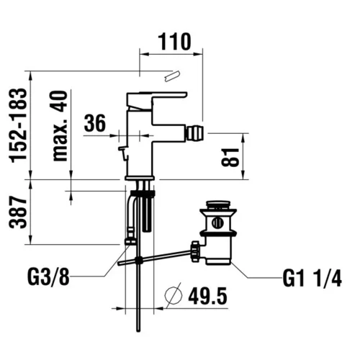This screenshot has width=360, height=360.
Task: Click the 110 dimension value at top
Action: [x=174, y=42]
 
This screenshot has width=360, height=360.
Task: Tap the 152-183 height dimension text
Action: [x=17, y=125]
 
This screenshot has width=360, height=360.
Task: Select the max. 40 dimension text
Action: [x=59, y=126]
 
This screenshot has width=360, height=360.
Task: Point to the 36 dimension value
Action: [x=95, y=123]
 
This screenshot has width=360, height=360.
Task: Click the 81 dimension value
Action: [x=230, y=157]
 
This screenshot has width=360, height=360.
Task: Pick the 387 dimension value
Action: [x=17, y=212]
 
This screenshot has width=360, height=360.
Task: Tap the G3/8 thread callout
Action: [x=48, y=277]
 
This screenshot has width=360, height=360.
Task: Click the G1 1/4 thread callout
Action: [x=312, y=279]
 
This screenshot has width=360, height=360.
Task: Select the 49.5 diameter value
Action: [x=207, y=296]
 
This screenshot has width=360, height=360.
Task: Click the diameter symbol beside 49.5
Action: [x=174, y=296]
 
